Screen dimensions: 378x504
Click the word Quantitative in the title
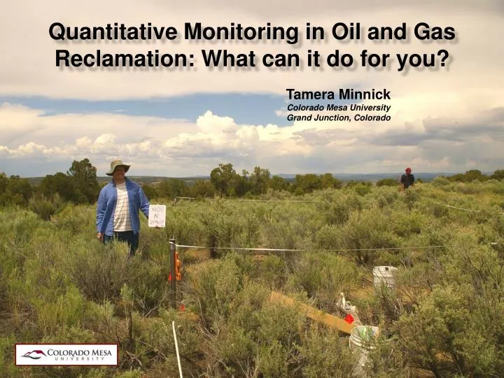click(x=112, y=31)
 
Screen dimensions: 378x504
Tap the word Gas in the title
click(x=435, y=31)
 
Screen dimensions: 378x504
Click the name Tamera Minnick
click(x=338, y=94)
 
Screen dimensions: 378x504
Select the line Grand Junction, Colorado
click(x=339, y=118)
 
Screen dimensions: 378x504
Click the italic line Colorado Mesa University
click(x=339, y=107)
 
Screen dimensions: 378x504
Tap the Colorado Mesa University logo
click(x=66, y=354)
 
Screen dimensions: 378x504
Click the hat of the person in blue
click(x=118, y=167)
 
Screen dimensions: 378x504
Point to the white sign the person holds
click(x=157, y=215)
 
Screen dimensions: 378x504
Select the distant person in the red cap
click(x=407, y=178)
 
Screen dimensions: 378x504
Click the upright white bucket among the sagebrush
click(x=384, y=277)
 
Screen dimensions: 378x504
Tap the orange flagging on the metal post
click(x=178, y=265)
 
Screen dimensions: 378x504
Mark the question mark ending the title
click(x=442, y=59)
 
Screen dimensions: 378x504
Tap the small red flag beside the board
click(x=349, y=318)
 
